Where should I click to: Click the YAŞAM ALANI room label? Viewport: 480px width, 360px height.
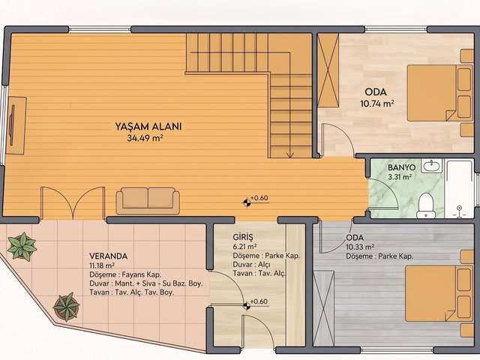tap(148, 126)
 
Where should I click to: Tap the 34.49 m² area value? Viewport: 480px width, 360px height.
tap(145, 138)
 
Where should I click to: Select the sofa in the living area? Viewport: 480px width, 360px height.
tap(148, 201)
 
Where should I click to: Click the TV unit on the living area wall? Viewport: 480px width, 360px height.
tap(16, 125)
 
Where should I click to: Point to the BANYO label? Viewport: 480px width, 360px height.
tap(402, 167)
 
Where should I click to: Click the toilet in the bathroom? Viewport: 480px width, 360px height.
tap(426, 205)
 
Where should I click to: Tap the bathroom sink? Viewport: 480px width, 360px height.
tap(432, 166)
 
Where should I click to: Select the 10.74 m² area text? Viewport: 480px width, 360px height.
tap(376, 103)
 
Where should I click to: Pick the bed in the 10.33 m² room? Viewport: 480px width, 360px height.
tap(439, 293)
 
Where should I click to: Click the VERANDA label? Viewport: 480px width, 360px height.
tap(108, 256)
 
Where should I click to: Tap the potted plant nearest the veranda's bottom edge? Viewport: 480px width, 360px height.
tap(67, 307)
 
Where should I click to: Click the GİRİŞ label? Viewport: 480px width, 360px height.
tap(243, 237)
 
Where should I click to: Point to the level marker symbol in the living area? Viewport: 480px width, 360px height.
tap(247, 202)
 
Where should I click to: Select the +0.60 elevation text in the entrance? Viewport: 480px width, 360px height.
tap(259, 301)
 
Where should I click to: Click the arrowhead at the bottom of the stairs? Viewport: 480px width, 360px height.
tap(289, 155)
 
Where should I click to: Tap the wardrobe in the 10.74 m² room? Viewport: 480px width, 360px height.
tap(328, 70)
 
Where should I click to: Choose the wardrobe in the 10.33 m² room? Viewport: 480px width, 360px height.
tap(323, 308)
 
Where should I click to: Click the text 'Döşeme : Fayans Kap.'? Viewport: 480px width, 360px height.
tap(125, 274)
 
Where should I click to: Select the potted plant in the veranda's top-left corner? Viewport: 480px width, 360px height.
tap(22, 247)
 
